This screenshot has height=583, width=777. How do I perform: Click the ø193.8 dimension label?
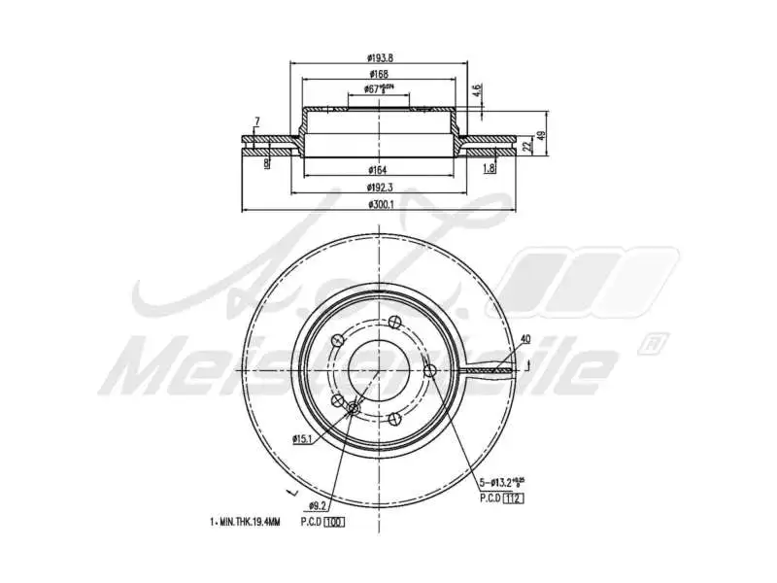tap(379, 57)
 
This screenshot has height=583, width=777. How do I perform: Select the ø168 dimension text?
tap(379, 74)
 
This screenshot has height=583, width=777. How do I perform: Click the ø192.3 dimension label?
tap(379, 187)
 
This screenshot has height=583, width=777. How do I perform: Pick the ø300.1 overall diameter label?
tap(379, 204)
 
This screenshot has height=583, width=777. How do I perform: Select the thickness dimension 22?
tap(526, 146)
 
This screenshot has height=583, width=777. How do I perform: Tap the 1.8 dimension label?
tap(489, 169)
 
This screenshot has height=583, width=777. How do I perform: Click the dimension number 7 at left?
tap(256, 120)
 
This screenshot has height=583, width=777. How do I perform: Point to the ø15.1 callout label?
tap(302, 439)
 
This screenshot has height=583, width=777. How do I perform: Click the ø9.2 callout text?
tap(317, 506)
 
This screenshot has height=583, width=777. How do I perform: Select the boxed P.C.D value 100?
tap(335, 522)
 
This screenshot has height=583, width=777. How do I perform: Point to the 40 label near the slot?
tap(525, 339)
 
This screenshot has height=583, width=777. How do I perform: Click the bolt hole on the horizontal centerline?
tap(428, 369)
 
